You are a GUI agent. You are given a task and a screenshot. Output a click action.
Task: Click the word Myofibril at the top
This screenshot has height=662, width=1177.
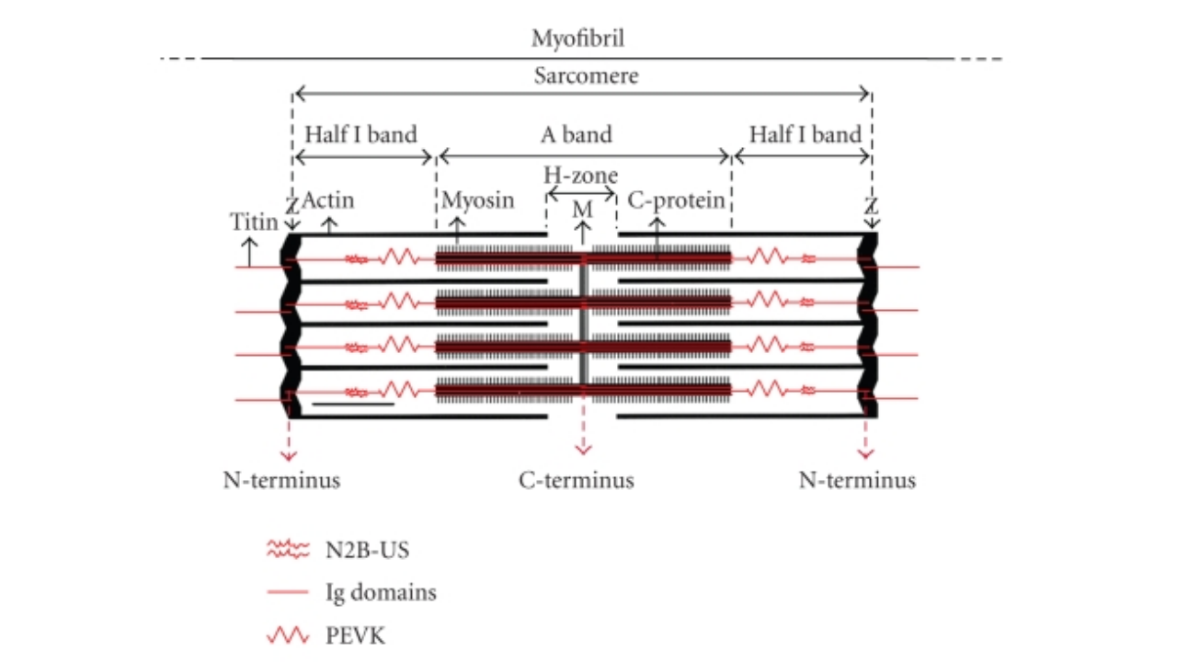pyautogui.click(x=578, y=39)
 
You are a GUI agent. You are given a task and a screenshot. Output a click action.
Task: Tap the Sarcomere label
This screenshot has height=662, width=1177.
pyautogui.click(x=586, y=75)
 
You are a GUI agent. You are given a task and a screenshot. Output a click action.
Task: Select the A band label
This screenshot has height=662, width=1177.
pyautogui.click(x=576, y=134)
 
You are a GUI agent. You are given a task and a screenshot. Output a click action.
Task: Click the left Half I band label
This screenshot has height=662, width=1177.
pyautogui.click(x=360, y=134)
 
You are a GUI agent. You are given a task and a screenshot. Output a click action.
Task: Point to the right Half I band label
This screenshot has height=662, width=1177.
pyautogui.click(x=805, y=134)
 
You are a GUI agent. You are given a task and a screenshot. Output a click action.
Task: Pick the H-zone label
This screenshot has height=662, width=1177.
pyautogui.click(x=580, y=175)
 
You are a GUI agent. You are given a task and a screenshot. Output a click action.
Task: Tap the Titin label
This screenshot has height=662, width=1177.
pyautogui.click(x=254, y=221)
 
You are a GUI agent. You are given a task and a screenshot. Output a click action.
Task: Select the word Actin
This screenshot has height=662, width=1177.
pyautogui.click(x=328, y=200)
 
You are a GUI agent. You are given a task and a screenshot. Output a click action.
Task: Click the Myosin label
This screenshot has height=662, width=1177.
pyautogui.click(x=478, y=200)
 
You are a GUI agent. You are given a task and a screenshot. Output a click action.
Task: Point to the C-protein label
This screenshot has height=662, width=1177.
pyautogui.click(x=676, y=200)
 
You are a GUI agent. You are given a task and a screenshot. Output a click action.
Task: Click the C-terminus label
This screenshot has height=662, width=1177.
pyautogui.click(x=577, y=480)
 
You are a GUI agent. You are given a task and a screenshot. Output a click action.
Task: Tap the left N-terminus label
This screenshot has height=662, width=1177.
pyautogui.click(x=281, y=480)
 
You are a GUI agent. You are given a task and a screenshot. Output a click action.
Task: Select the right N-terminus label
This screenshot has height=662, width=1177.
pyautogui.click(x=857, y=480)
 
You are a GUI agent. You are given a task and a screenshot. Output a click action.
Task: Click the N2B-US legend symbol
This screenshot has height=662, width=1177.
pyautogui.click(x=290, y=550)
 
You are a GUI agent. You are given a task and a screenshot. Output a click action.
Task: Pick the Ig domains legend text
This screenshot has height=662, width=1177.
pyautogui.click(x=381, y=593)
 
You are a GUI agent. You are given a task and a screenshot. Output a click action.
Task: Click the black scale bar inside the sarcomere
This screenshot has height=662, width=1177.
pyautogui.click(x=353, y=403)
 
